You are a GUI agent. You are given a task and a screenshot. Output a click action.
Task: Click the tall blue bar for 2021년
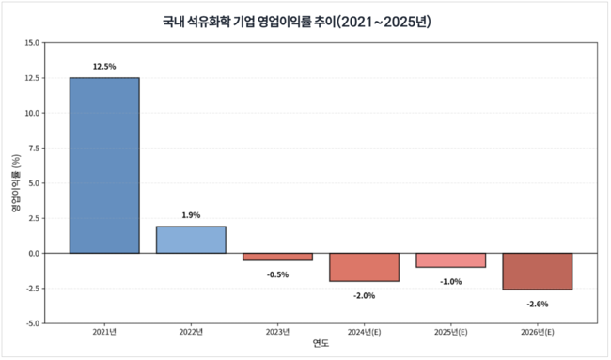point(104,165)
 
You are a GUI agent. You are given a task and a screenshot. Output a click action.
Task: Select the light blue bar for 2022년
point(191,240)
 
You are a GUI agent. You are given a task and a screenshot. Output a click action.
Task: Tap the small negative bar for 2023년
point(277,257)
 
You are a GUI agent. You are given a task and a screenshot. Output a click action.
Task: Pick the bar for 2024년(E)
point(364,267)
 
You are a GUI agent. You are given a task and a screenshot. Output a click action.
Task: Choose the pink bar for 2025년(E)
point(450,260)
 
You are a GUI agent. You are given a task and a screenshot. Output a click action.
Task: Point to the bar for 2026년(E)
point(537,272)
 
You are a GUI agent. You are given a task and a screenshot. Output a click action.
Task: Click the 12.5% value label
point(104,67)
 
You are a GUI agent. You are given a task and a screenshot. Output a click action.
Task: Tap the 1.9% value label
point(191,215)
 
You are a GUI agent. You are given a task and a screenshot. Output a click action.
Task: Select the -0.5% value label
point(277,274)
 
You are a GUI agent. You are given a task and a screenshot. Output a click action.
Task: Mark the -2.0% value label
point(364,295)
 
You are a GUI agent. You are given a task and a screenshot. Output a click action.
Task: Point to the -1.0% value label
point(450,281)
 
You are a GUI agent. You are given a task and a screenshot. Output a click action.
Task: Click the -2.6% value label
point(537,304)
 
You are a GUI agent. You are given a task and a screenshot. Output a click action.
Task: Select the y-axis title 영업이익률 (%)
point(16,183)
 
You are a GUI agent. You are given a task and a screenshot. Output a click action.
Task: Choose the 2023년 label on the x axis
point(277,332)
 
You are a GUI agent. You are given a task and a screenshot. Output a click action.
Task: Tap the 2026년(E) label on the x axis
point(537,332)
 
